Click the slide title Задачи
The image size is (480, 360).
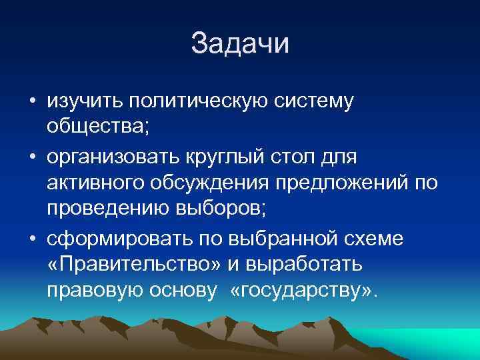[x=240, y=44]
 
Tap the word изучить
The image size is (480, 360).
[x=85, y=102]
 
